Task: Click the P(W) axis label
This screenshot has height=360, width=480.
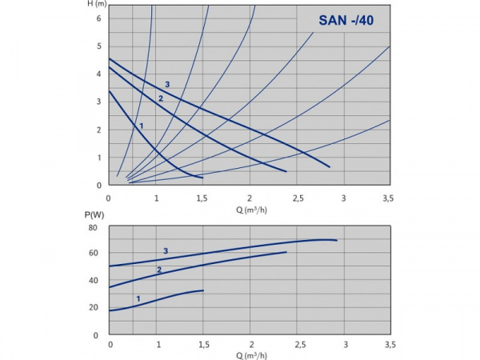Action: click(x=95, y=214)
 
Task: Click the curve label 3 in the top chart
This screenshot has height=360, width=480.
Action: click(x=167, y=85)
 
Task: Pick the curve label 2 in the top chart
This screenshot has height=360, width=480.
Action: click(x=160, y=98)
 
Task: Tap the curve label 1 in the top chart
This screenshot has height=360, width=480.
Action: click(x=141, y=126)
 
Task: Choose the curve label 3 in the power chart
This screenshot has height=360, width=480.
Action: click(x=166, y=251)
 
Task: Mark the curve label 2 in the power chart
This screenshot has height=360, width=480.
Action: click(x=158, y=270)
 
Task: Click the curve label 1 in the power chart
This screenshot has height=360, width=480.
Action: click(x=138, y=299)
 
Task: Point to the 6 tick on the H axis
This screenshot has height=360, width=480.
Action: click(x=98, y=18)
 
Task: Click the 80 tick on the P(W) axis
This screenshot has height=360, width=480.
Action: click(x=93, y=228)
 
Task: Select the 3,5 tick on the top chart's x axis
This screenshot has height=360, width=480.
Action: click(x=388, y=197)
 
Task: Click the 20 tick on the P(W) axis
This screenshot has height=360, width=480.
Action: click(x=93, y=308)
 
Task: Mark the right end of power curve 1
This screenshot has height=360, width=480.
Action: click(x=204, y=290)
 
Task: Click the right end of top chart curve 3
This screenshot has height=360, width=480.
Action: click(x=330, y=167)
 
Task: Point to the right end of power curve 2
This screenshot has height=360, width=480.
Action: click(x=286, y=253)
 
